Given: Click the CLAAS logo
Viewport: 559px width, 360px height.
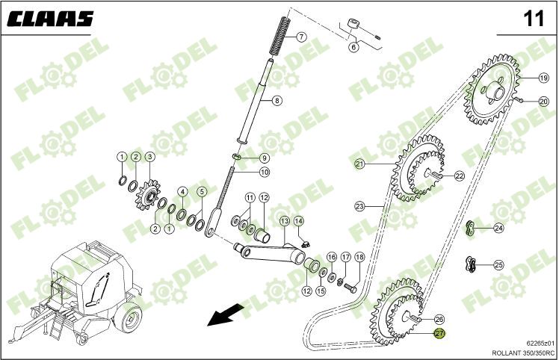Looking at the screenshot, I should (51, 19).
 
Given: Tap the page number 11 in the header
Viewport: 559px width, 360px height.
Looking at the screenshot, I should (534, 19).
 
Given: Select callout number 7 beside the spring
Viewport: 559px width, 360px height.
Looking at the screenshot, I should (301, 37).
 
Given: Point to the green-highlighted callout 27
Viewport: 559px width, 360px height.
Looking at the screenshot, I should (439, 334).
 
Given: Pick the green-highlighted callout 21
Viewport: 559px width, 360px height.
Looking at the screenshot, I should (359, 164).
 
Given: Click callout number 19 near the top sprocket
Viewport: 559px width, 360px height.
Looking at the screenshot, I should (544, 78).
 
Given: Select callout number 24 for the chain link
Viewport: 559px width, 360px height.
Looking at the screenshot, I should (498, 229).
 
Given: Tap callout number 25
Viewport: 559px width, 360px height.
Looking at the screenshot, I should (498, 264).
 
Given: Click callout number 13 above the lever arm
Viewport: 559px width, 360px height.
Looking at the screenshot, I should (284, 221).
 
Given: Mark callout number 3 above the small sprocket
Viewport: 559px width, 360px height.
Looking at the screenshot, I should (149, 157).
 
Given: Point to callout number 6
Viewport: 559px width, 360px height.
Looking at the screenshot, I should (353, 47).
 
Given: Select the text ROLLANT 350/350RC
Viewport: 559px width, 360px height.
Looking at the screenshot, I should (522, 352).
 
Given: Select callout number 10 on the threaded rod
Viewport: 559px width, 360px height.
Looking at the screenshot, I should (265, 173).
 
